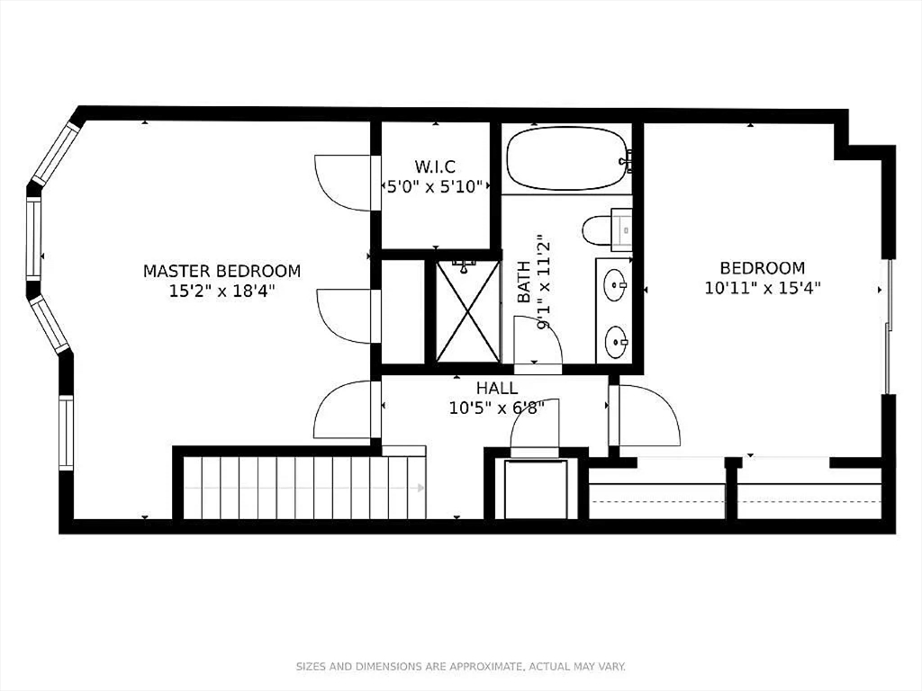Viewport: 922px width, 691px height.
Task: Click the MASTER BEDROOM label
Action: [x=221, y=271]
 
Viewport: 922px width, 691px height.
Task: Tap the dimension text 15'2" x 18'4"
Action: [x=221, y=291]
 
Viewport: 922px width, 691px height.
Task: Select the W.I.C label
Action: [x=435, y=166]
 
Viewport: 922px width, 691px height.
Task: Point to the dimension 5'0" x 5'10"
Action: [x=435, y=186]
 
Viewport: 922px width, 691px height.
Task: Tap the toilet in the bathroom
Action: [x=599, y=230]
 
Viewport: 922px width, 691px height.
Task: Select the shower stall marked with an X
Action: [x=467, y=310]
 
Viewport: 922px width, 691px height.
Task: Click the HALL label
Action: [x=497, y=389]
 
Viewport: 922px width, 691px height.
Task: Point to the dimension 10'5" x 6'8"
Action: [x=497, y=408]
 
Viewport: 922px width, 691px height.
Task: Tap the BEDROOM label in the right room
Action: [x=762, y=268]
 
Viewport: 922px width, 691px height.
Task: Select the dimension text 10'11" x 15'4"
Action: [x=762, y=288]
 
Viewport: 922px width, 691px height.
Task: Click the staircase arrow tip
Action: [x=421, y=489]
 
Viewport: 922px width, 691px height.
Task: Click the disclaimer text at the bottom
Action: [x=461, y=667]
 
